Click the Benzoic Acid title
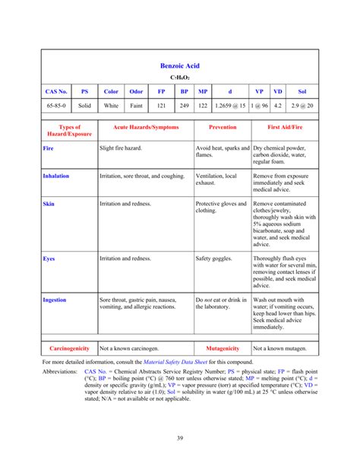[180, 67]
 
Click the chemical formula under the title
[180, 78]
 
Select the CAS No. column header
[57, 91]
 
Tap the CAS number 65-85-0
[57, 106]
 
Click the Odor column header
[136, 91]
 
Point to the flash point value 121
[161, 106]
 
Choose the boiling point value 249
[184, 106]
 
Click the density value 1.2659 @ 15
[230, 106]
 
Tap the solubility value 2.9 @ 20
[302, 106]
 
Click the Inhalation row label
[56, 176]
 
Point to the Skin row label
[49, 204]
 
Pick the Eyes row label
[49, 258]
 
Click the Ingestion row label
[55, 300]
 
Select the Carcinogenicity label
[70, 348]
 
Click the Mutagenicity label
[222, 348]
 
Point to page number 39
[180, 438]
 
